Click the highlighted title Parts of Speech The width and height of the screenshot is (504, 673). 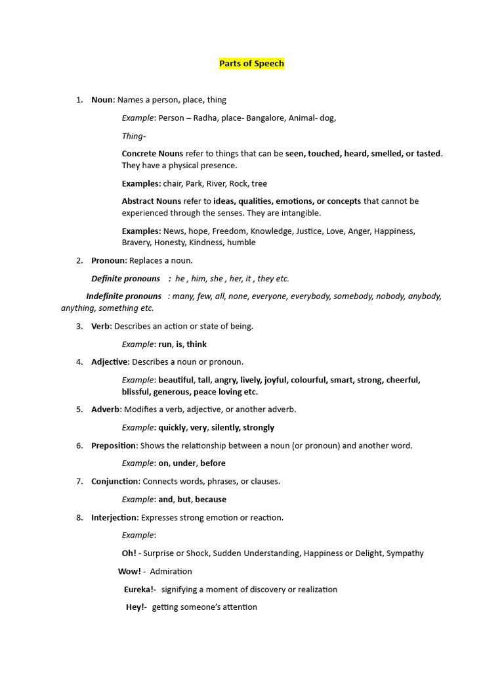tap(251, 64)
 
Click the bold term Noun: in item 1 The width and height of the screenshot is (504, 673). tap(103, 100)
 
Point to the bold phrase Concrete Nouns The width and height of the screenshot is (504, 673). tap(152, 154)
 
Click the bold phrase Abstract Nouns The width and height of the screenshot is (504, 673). tap(152, 201)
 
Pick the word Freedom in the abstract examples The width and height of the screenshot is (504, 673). tap(229, 231)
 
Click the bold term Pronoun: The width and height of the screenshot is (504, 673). tap(109, 261)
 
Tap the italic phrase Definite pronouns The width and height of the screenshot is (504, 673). tap(126, 279)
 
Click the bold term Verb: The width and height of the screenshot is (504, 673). tap(102, 326)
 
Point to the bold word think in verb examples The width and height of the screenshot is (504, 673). tap(197, 344)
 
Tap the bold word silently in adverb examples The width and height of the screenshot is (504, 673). tap(225, 427)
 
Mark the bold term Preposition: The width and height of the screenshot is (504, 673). tap(114, 446)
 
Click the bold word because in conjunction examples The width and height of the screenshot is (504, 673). tap(211, 499)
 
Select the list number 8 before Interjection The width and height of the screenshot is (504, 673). tap(79, 518)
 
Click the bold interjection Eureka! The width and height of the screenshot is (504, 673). tap(139, 590)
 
